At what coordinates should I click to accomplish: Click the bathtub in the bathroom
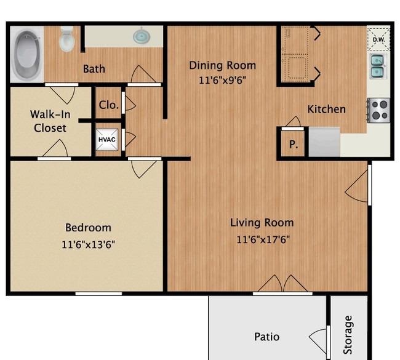[x=27, y=54]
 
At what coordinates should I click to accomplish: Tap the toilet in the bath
[x=67, y=39]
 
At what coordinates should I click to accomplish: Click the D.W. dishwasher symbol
[x=378, y=39]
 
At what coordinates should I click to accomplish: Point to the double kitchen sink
[x=378, y=66]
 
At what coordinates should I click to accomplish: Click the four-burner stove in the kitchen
[x=379, y=110]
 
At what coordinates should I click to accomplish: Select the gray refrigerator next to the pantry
[x=324, y=142]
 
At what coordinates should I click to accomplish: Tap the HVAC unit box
[x=107, y=140]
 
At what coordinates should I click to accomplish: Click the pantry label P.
[x=294, y=145]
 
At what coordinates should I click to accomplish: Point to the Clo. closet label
[x=109, y=105]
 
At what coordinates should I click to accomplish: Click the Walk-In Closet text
[x=50, y=121]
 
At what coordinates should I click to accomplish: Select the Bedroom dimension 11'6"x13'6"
[x=88, y=244]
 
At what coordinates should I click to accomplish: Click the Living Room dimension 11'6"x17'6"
[x=263, y=239]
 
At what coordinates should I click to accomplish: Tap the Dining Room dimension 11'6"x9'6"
[x=222, y=81]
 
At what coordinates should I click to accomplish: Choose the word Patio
[x=266, y=337]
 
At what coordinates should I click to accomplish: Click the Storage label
[x=348, y=335]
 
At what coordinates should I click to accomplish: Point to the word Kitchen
[x=327, y=109]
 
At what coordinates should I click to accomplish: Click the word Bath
[x=94, y=69]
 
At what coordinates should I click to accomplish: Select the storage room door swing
[x=317, y=340]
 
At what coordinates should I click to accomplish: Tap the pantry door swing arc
[x=294, y=121]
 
